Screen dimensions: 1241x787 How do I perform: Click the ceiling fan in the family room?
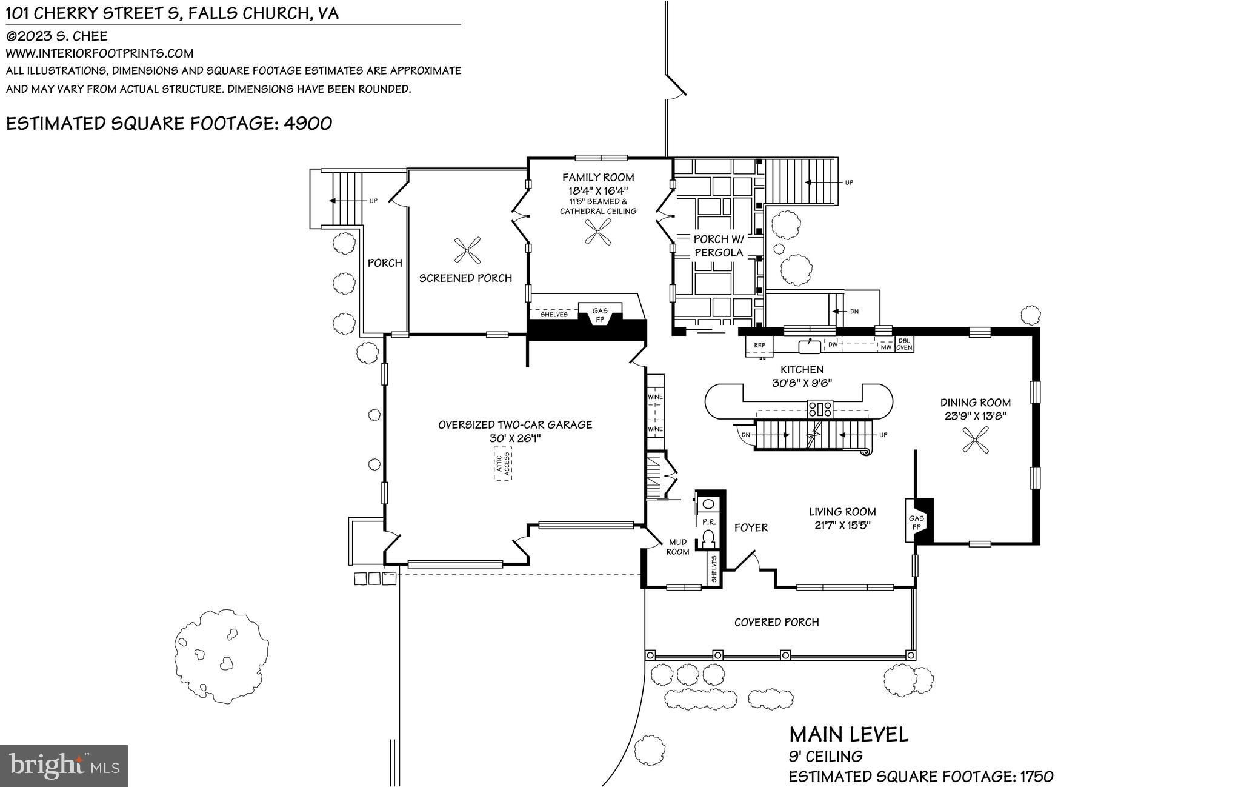click(599, 232)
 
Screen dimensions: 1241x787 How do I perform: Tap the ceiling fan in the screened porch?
click(468, 251)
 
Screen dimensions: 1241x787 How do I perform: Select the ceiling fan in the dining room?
click(975, 440)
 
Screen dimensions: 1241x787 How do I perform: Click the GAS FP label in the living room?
click(916, 523)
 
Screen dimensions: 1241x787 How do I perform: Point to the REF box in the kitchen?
click(759, 346)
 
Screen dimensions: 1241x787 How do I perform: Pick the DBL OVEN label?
click(904, 344)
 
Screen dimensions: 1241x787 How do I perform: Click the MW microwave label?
click(886, 347)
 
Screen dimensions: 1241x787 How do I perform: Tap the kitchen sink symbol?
click(810, 346)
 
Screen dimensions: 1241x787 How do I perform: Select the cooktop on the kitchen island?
click(820, 409)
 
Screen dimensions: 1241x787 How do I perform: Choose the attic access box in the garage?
click(503, 464)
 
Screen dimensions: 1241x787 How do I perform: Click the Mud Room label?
click(677, 547)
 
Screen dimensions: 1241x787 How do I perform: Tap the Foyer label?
click(751, 528)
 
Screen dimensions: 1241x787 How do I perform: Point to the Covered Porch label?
click(776, 622)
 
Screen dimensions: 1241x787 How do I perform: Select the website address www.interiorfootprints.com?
click(100, 53)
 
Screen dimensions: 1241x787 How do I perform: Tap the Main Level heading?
click(848, 735)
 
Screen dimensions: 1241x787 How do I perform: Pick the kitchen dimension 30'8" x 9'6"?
click(802, 383)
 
